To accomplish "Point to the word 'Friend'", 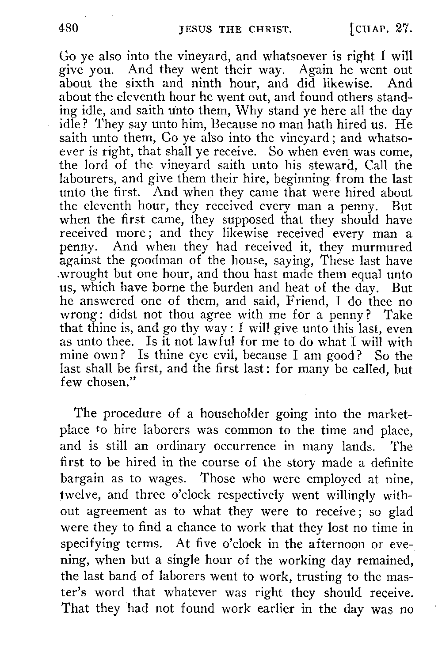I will (283, 302).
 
